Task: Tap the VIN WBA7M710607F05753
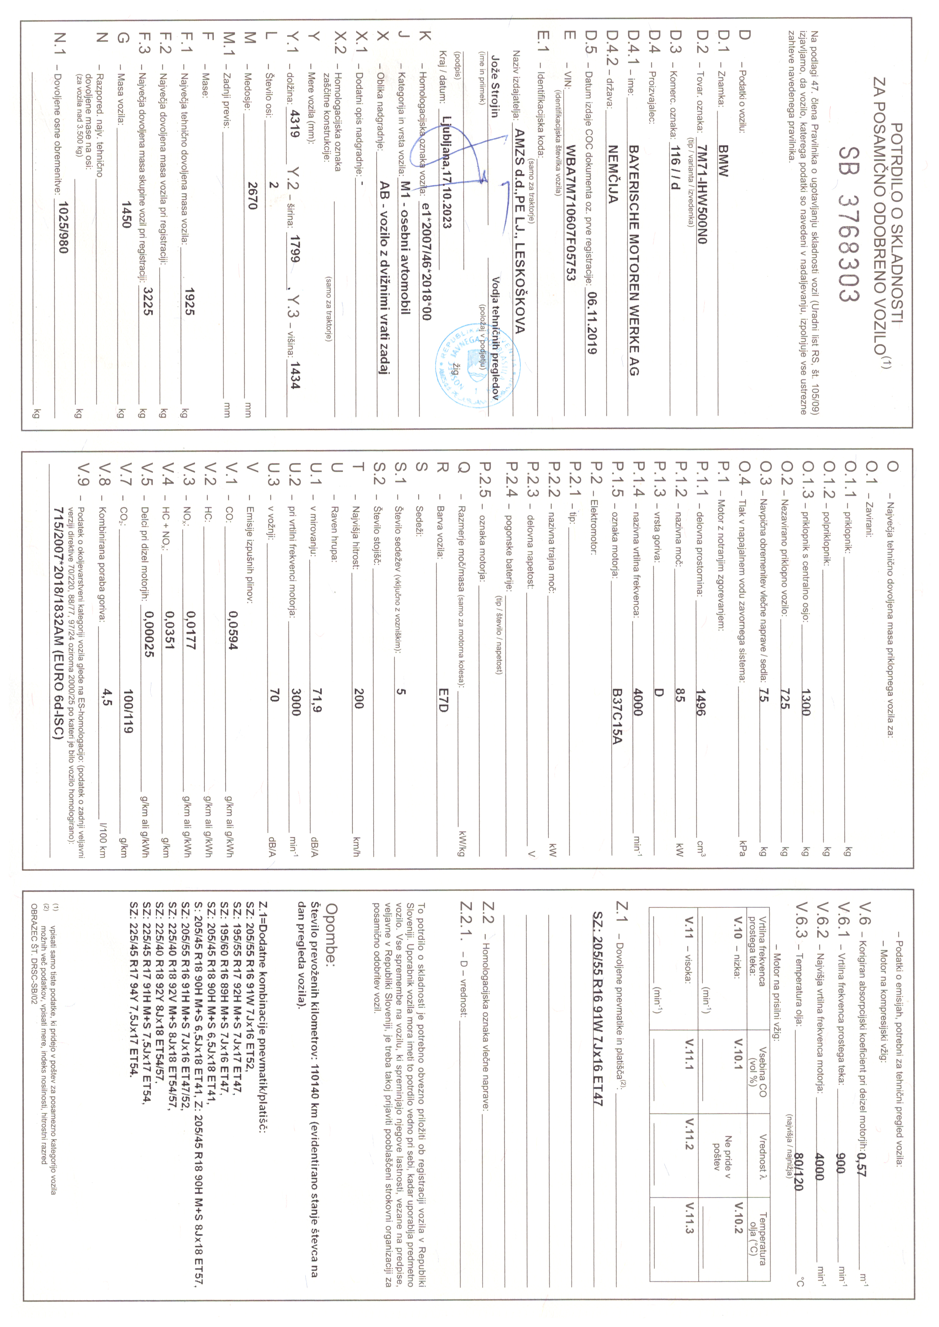pos(571,213)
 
